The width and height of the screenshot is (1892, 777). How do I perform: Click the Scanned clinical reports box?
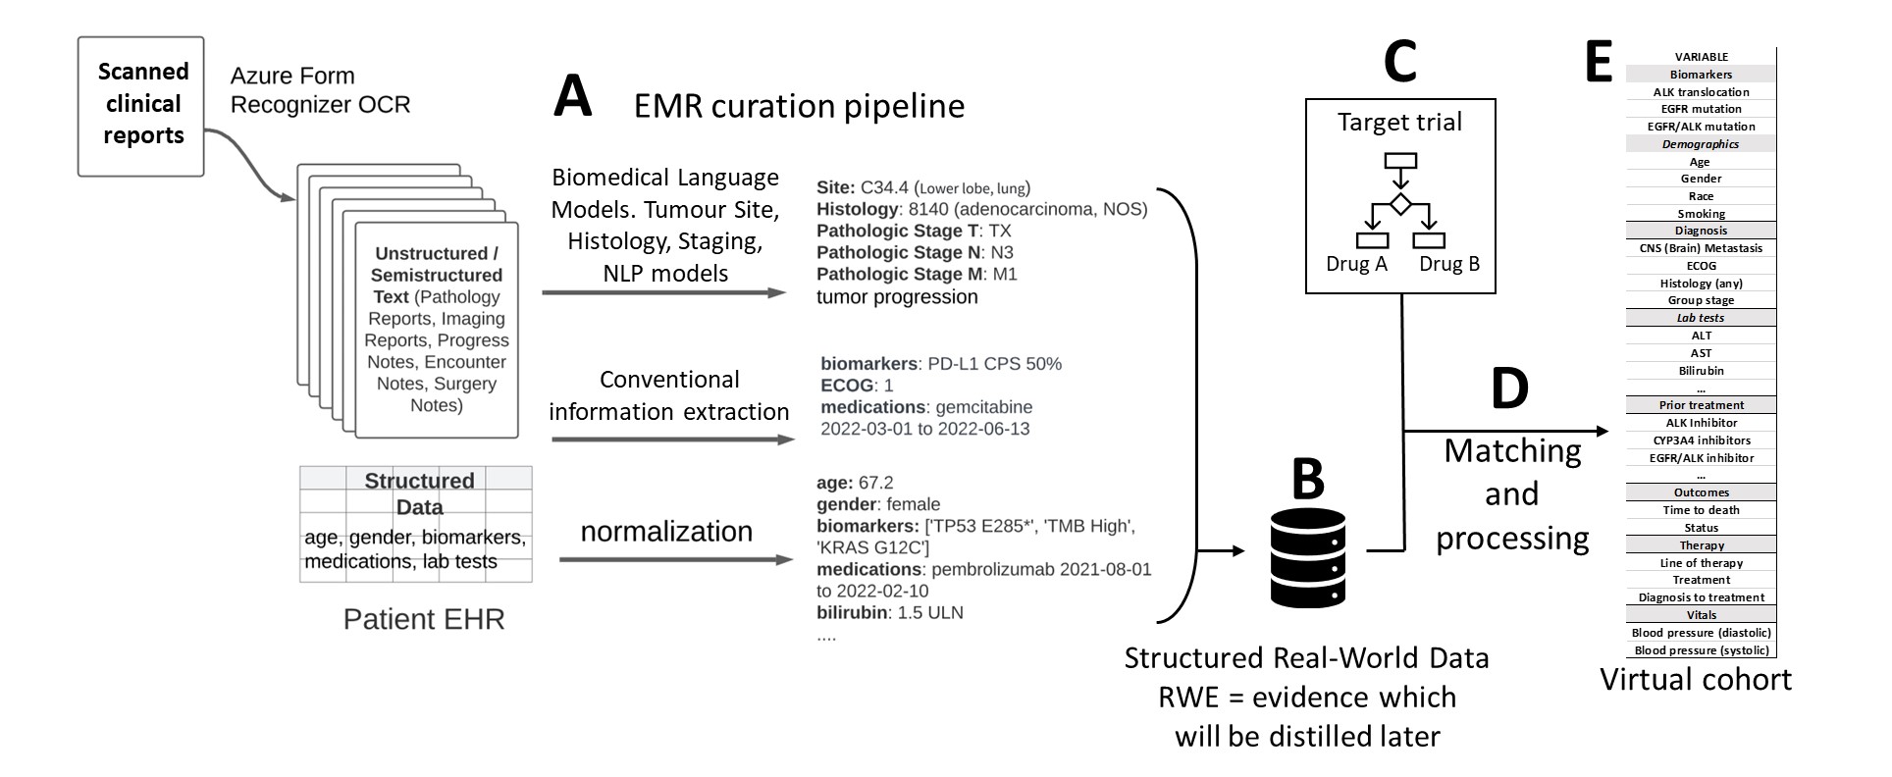tap(141, 106)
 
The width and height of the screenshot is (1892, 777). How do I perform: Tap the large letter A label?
tap(573, 98)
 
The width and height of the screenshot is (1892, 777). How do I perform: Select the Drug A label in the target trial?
tap(1356, 263)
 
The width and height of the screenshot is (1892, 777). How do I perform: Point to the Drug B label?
tap(1448, 263)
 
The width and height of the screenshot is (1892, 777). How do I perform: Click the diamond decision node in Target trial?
tap(1400, 204)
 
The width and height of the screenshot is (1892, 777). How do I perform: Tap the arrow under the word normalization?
tap(675, 560)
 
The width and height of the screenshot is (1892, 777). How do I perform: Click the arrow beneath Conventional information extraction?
tap(672, 440)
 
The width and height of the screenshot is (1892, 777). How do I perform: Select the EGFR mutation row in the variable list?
tap(1701, 109)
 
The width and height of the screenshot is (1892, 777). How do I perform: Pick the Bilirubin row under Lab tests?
tap(1701, 371)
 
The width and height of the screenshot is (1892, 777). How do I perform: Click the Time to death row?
tap(1701, 510)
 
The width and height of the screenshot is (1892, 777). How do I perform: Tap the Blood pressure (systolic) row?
tap(1701, 650)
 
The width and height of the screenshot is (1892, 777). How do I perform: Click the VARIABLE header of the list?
tap(1701, 57)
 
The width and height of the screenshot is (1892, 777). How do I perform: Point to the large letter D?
tap(1509, 388)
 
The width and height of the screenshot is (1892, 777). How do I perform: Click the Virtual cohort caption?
tap(1695, 680)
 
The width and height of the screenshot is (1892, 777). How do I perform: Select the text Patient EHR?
tap(423, 619)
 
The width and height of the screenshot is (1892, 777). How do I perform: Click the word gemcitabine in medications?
tap(983, 406)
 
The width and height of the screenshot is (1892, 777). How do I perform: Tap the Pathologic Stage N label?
tap(898, 252)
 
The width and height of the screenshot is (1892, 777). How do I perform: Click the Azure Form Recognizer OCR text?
tap(320, 90)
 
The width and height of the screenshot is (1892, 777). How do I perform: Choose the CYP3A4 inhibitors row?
tap(1701, 440)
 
